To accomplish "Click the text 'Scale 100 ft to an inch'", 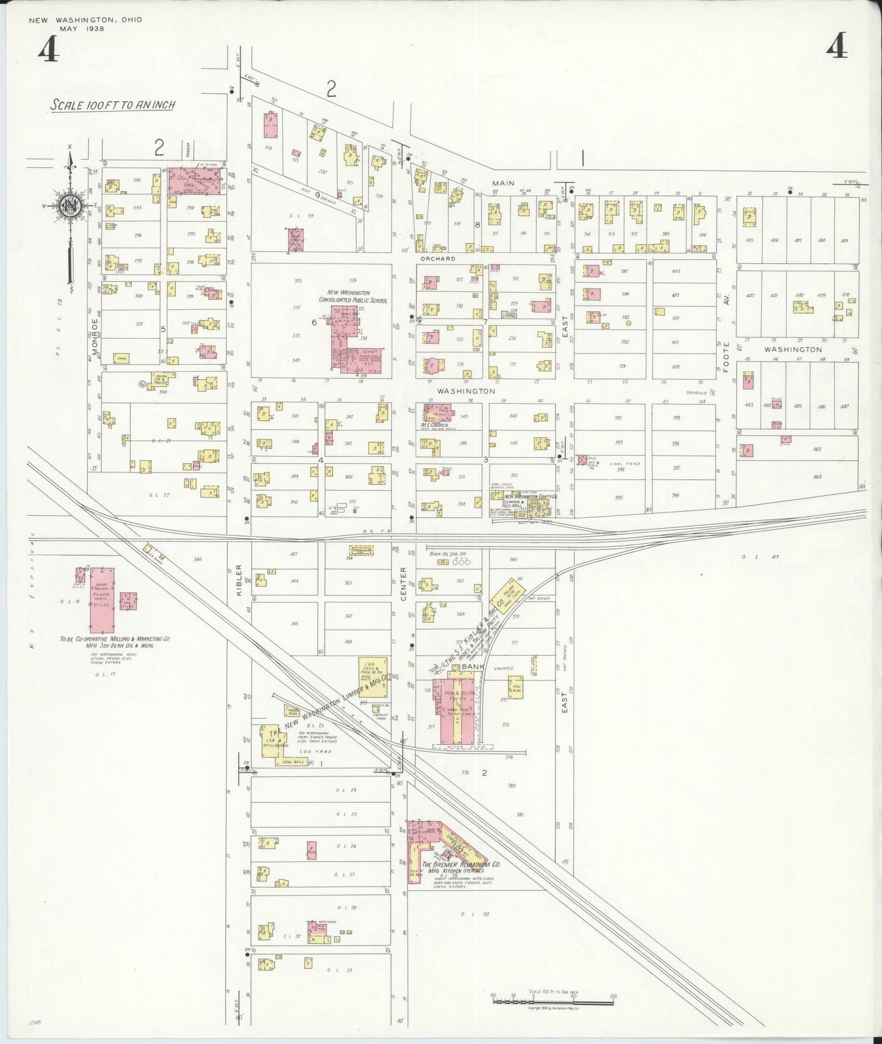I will (x=112, y=105).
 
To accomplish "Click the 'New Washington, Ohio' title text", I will (x=85, y=20).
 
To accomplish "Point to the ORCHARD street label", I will (x=437, y=259).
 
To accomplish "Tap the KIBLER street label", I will (x=239, y=580).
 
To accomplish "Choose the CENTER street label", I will (x=403, y=584).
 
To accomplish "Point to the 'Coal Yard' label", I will (x=629, y=464).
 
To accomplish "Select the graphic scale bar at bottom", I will (x=552, y=999).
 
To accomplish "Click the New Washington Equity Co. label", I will (x=530, y=498).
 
